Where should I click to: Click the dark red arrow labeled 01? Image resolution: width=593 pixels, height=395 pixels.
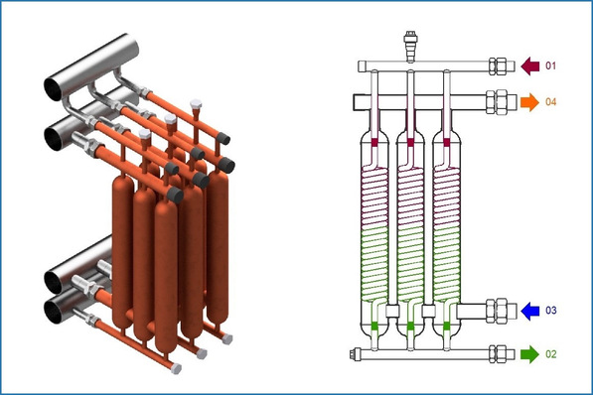pos(530,66)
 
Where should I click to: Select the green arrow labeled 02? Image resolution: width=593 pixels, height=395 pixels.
pos(529,354)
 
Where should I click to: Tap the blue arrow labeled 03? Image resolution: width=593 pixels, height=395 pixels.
pos(530,311)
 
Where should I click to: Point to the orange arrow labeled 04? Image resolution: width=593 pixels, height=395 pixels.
pos(529,102)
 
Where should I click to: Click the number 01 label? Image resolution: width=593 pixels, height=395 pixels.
pos(550,66)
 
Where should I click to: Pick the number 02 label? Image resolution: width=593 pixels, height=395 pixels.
pos(551,354)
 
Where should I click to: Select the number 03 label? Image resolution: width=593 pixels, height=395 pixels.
pos(551,311)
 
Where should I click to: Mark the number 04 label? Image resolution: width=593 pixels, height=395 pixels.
pos(551,101)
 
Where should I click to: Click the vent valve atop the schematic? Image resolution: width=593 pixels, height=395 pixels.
pos(410,46)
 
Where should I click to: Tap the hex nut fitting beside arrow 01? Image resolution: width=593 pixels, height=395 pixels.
pos(498,66)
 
